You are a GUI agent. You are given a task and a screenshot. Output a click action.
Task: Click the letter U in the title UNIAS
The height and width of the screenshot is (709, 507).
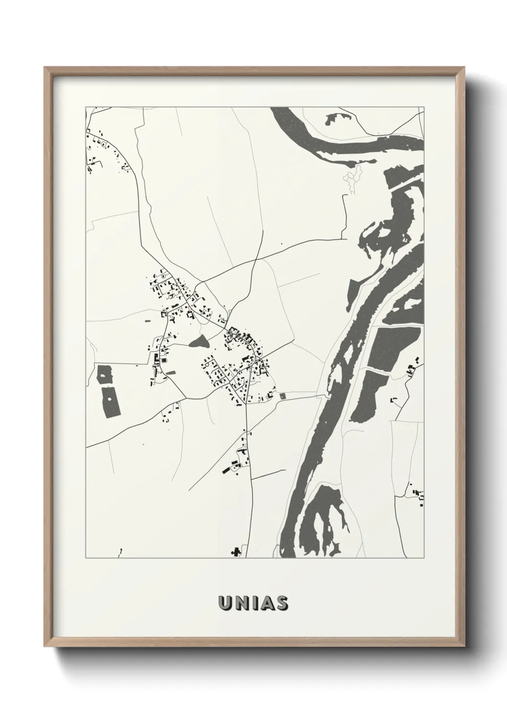tap(225, 603)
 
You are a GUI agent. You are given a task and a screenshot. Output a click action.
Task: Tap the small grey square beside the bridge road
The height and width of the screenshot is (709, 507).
tap(282, 396)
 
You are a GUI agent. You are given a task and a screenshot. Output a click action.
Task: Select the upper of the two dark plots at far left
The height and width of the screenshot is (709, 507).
tap(104, 374)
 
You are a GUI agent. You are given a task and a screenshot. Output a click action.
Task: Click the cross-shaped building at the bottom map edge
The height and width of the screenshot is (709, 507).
tap(236, 552)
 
